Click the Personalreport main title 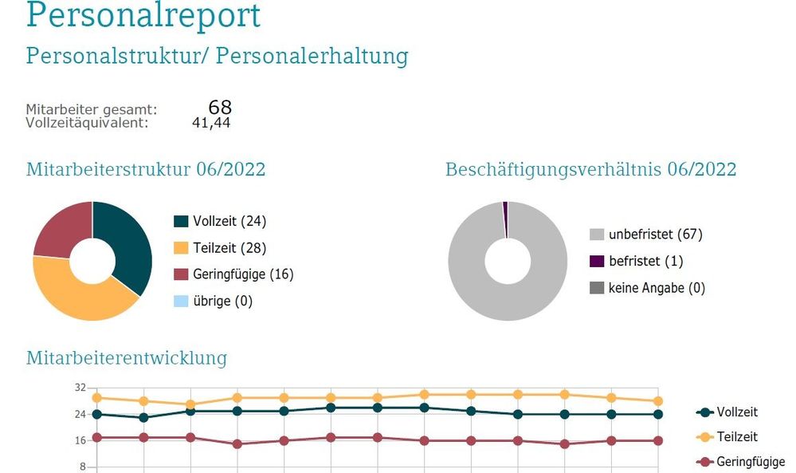click(x=143, y=16)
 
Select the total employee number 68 click(x=220, y=108)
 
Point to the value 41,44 click(x=211, y=123)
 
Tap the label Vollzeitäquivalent click(x=87, y=123)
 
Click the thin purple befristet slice click(x=505, y=208)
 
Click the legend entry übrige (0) click(x=222, y=301)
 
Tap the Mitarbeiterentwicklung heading click(x=127, y=358)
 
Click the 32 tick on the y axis click(x=80, y=388)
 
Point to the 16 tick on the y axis click(x=80, y=440)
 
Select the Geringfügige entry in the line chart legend click(x=750, y=462)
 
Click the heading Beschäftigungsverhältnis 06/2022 click(x=590, y=170)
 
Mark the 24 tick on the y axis click(x=80, y=414)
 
